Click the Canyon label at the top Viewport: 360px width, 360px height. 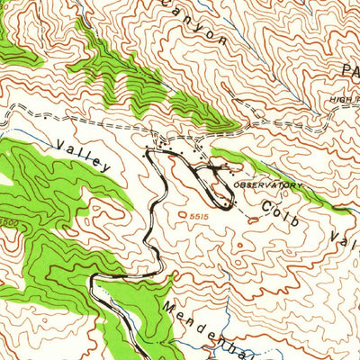point(193,22)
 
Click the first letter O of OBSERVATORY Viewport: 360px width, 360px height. point(236,184)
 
